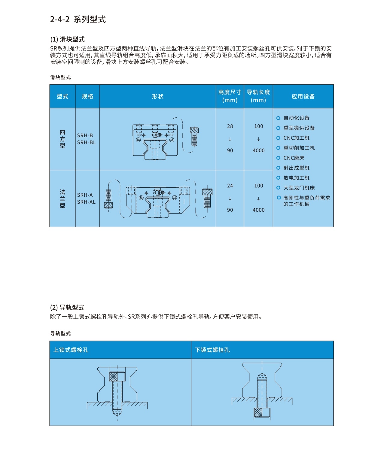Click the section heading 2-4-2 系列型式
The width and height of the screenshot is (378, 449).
click(78, 20)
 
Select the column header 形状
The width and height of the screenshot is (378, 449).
click(157, 96)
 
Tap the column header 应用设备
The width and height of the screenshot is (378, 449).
click(303, 96)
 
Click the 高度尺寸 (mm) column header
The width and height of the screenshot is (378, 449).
click(230, 96)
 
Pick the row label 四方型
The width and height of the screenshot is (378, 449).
click(62, 139)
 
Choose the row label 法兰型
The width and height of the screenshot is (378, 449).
click(62, 199)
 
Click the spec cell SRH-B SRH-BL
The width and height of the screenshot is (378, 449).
click(87, 139)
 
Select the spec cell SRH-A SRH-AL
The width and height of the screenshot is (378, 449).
click(87, 199)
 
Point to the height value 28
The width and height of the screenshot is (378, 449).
click(230, 126)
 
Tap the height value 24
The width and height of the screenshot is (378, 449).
click(230, 186)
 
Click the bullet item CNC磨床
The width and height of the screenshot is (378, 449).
click(294, 158)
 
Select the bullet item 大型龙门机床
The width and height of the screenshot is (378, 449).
click(299, 188)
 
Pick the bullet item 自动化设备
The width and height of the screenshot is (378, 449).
click(296, 118)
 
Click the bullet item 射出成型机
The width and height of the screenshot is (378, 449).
click(296, 168)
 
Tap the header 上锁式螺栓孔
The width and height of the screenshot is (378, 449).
click(71, 350)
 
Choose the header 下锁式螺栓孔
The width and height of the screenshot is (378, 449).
click(212, 350)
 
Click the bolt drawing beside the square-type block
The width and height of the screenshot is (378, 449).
click(194, 136)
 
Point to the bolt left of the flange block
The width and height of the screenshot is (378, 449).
click(108, 199)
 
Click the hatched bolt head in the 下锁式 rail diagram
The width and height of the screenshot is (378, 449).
click(258, 412)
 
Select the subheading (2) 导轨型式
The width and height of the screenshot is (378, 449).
click(67, 308)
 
